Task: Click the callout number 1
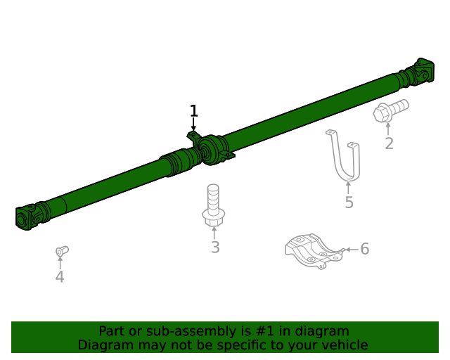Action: [194, 111]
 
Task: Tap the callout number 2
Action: [389, 143]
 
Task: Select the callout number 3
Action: [215, 247]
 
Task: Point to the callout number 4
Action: [60, 277]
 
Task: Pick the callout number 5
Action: [349, 202]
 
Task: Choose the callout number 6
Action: [365, 249]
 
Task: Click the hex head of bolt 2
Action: [382, 114]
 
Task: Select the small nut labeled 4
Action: [62, 251]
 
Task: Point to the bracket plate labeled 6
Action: [314, 251]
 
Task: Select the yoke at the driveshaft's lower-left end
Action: [27, 218]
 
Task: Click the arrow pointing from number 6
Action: [352, 249]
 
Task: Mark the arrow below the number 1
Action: [194, 124]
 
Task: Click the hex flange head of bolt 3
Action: [214, 217]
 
